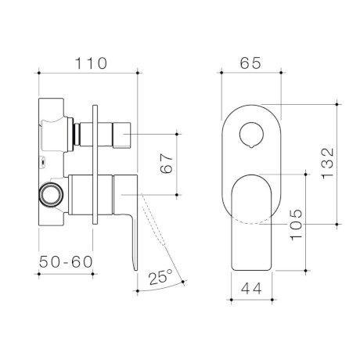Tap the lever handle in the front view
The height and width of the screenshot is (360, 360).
250,219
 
